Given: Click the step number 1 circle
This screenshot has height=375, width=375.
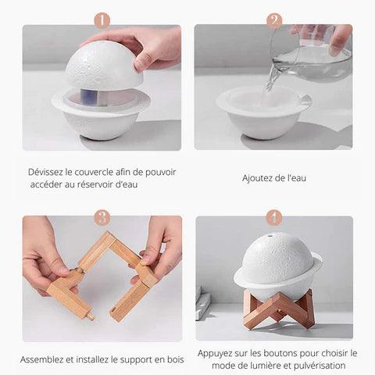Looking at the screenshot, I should (102, 20).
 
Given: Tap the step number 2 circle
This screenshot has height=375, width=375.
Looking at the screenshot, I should (274, 20).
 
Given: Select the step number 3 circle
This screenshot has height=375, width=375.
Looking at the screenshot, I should (102, 217).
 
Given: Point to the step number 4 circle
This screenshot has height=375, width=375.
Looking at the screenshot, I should (274, 217).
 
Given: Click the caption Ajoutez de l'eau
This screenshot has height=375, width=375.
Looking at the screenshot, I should (273, 178).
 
